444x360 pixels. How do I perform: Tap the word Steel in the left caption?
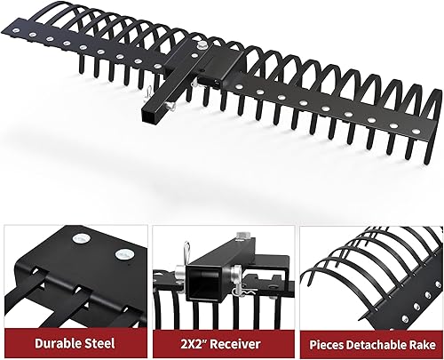click(100, 340)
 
